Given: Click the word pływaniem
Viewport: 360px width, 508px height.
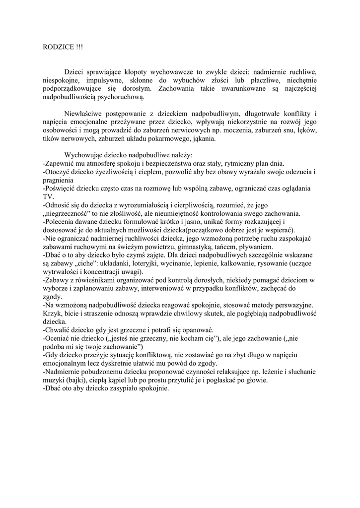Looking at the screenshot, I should click(x=255, y=247).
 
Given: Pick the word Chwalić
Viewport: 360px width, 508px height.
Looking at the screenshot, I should click(x=59, y=330).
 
